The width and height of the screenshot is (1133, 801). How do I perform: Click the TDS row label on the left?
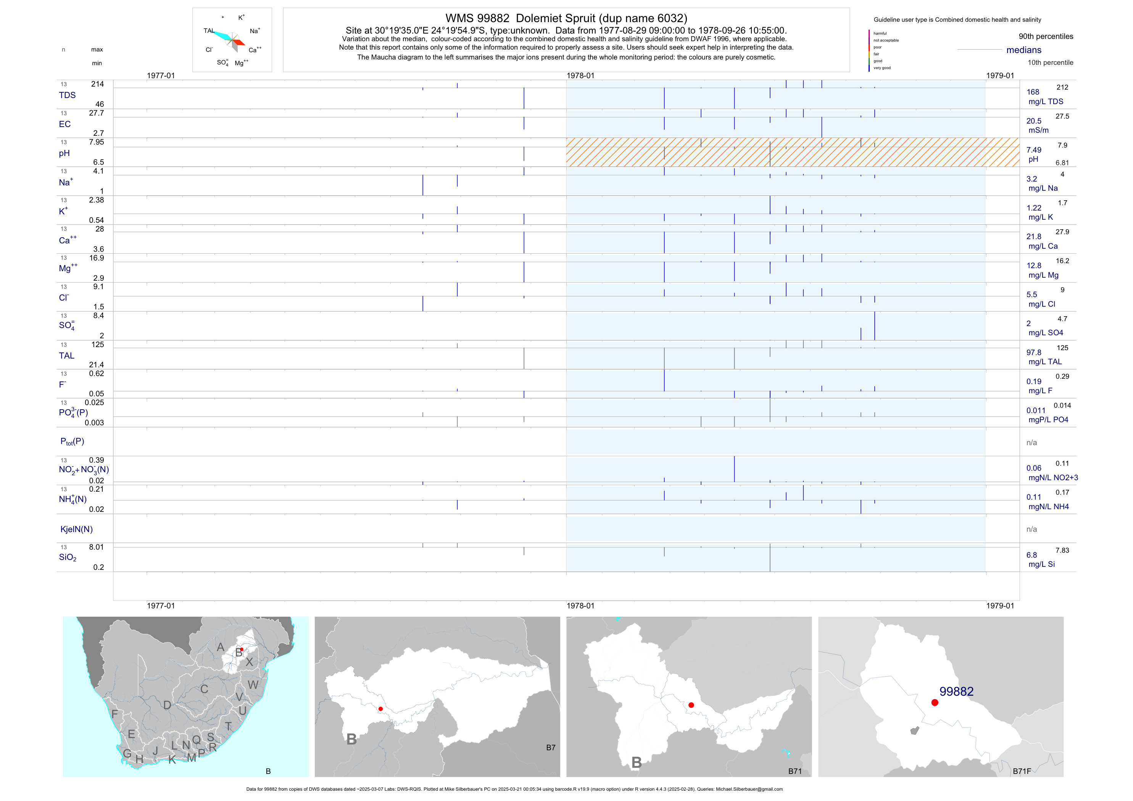[x=67, y=95]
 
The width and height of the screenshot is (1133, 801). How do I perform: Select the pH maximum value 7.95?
[x=96, y=142]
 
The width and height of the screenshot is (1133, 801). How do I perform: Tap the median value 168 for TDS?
[x=1033, y=92]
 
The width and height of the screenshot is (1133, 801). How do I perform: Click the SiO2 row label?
[x=68, y=557]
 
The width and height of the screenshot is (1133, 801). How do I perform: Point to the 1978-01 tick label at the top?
[x=580, y=76]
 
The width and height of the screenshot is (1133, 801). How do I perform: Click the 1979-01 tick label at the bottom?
[x=1000, y=606]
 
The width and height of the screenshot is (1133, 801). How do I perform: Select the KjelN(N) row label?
[x=76, y=529]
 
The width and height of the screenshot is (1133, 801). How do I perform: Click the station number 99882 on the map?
[x=956, y=692]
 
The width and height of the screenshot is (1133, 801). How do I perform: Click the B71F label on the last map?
[x=1022, y=771]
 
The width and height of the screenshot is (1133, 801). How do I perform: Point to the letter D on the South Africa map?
[x=167, y=705]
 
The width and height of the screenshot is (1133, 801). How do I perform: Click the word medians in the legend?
[x=1024, y=50]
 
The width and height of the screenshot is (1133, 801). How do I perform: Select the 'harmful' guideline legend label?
[x=880, y=34]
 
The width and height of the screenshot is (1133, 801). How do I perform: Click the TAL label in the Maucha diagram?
[x=209, y=31]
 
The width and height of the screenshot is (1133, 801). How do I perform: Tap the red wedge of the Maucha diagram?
[x=239, y=42]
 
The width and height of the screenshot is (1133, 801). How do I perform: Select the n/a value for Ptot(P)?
[x=1031, y=443]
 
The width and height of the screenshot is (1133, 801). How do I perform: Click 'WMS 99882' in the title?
[x=477, y=18]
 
